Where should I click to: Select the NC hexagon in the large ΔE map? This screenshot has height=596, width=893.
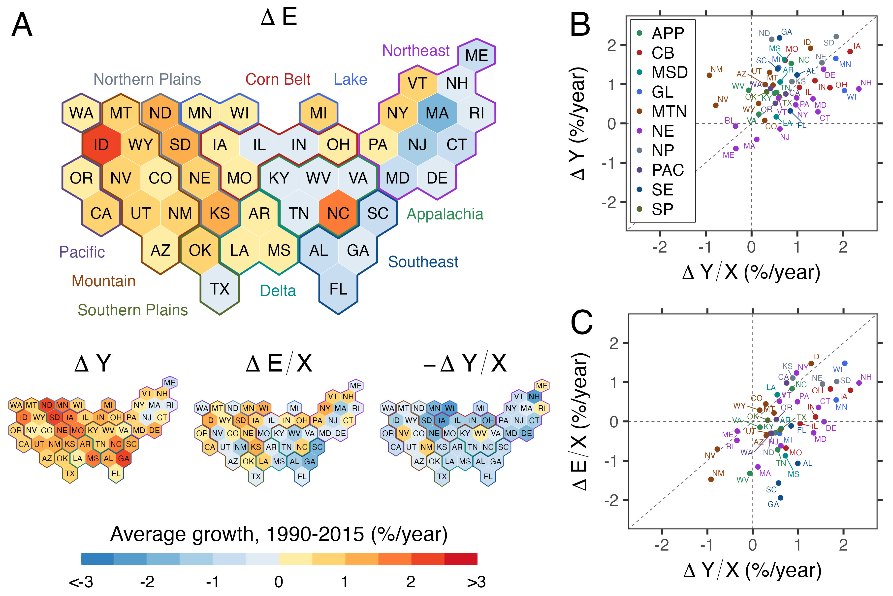pos(338,213)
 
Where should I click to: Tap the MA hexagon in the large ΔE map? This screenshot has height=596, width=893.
pos(437,113)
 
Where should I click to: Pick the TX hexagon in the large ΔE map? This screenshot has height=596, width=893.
pos(220,289)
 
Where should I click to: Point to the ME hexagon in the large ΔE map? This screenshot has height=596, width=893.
pos(477,55)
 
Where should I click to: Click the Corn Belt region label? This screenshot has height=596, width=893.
pos(278,79)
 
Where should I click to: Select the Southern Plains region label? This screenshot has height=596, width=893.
pos(132,310)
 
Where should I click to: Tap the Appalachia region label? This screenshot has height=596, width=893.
pos(445,214)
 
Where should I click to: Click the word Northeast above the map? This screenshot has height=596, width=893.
pos(416,51)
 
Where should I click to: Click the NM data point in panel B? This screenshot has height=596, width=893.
pos(709,75)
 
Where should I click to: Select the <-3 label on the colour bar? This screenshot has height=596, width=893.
pos(81,582)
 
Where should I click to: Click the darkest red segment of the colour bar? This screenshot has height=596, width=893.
pos(461,559)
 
